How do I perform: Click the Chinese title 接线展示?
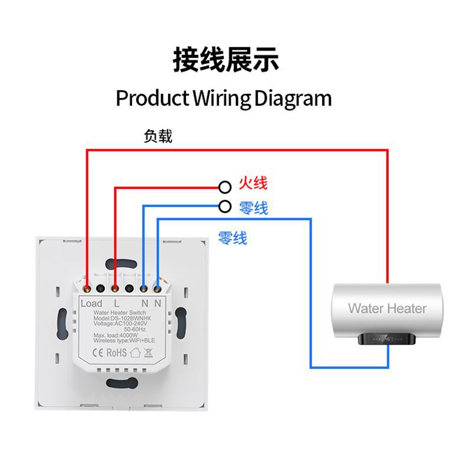(x=226, y=60)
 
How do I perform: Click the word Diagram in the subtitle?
(x=293, y=98)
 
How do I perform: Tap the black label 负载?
(x=158, y=136)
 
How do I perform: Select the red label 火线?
(x=253, y=183)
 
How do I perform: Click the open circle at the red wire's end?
(x=224, y=187)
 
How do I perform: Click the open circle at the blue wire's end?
(x=224, y=206)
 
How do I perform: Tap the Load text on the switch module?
(x=91, y=303)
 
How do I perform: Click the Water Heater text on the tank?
(x=386, y=308)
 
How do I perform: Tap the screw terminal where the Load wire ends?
(x=87, y=289)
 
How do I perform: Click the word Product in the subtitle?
(x=152, y=98)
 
